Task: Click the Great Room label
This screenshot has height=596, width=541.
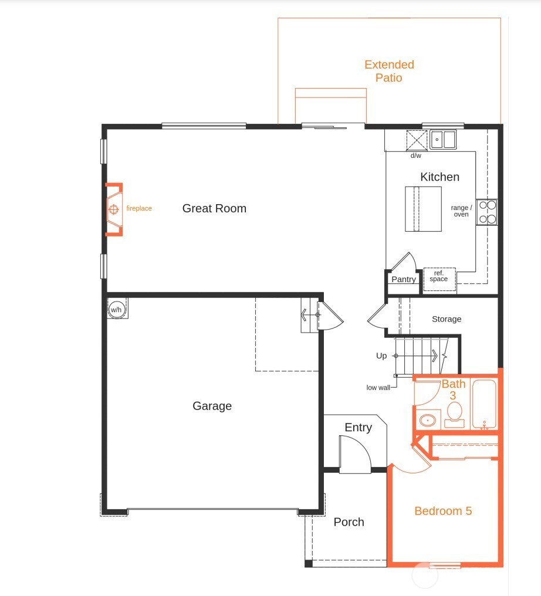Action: [x=214, y=208]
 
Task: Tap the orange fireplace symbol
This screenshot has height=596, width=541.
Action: [x=114, y=209]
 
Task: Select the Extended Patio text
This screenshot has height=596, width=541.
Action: [x=389, y=71]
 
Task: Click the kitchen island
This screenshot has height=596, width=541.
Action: [x=423, y=209]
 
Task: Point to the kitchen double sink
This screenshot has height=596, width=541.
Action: [x=444, y=140]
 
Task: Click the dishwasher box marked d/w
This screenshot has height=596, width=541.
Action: [x=416, y=141]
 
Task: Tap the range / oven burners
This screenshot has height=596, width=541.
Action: [x=486, y=212]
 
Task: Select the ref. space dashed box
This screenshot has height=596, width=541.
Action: [x=439, y=276]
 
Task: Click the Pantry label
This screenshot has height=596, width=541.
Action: [x=404, y=279]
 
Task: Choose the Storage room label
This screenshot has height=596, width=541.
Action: [x=447, y=319]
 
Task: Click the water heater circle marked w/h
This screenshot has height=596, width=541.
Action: [x=116, y=309]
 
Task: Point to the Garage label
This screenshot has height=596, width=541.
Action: [x=212, y=406]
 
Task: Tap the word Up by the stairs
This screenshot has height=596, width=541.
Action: [x=381, y=356]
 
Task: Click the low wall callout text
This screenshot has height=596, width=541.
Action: [x=378, y=388]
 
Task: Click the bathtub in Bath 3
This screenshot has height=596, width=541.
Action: [x=485, y=405]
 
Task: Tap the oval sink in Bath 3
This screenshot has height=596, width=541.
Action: [x=428, y=420]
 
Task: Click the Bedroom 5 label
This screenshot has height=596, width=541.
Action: [x=443, y=511]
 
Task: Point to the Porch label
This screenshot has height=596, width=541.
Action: [x=349, y=522]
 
